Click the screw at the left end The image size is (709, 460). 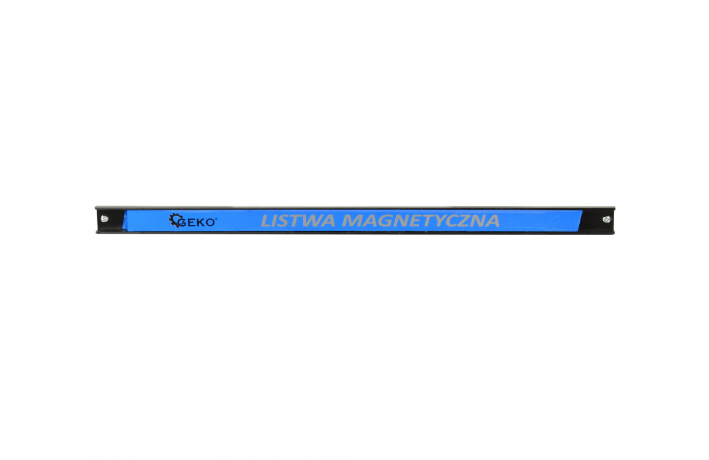click(x=104, y=218)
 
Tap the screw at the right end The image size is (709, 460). click(x=607, y=219)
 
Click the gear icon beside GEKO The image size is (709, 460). click(x=175, y=220)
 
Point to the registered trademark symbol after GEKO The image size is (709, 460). click(x=216, y=219)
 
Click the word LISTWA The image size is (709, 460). click(x=298, y=221)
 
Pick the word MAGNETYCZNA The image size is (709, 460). click(x=421, y=221)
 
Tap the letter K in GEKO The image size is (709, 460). click(x=201, y=223)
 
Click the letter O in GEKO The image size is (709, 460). click(x=210, y=223)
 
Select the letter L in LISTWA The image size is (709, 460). click(x=266, y=221)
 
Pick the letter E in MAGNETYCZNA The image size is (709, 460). click(x=413, y=221)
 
